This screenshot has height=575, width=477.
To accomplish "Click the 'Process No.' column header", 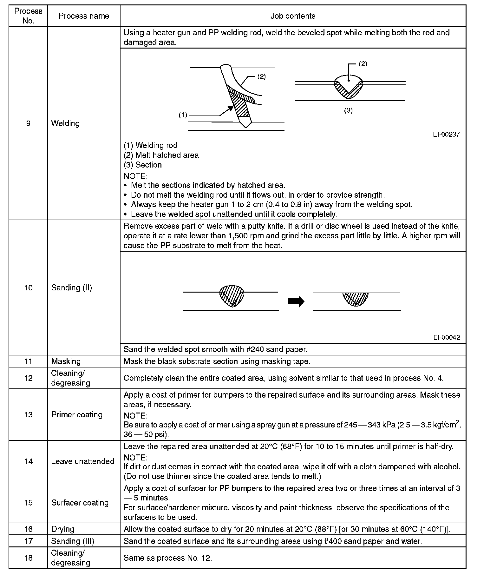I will pos(28,16).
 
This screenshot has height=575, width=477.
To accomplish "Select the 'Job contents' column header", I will pos(293,16).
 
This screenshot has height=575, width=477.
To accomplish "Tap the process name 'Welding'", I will pos(65,123).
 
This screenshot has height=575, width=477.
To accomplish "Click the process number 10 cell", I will pos(28,287).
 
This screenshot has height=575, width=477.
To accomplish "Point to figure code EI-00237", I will pos(446,134).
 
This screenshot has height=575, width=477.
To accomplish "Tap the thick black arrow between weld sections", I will pos(296,301).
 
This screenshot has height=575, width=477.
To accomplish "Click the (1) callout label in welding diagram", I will pos(183,115).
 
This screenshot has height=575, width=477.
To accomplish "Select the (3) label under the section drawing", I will pos(348,110).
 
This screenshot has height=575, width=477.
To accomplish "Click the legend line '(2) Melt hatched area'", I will pos(161,155).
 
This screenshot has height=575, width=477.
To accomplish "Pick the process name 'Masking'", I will pos(66,361).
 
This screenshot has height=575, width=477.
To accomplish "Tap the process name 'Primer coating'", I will pos(77,414).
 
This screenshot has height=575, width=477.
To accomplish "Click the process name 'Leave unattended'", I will pos(82,461).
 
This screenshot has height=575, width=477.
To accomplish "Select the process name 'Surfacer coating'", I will pos(80,503).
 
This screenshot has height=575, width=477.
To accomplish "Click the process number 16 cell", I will pos(28,529).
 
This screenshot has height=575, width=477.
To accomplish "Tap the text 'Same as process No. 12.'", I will pos(168,558).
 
